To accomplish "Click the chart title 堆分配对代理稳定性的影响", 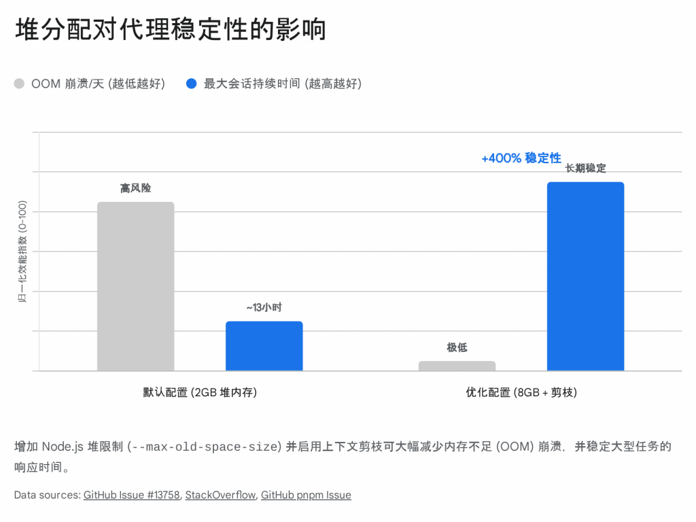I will click(x=170, y=30).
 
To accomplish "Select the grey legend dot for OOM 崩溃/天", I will click(x=19, y=84).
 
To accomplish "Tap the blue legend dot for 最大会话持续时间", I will click(x=192, y=84).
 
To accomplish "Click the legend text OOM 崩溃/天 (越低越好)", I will click(x=98, y=84).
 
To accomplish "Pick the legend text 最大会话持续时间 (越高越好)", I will click(x=282, y=84).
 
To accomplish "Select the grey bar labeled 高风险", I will click(x=136, y=286).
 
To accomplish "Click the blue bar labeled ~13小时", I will click(x=264, y=346).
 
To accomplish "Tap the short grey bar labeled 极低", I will click(x=457, y=366).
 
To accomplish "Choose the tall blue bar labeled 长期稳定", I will click(x=585, y=276).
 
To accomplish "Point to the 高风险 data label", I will click(x=136, y=188).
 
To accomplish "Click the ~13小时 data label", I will click(x=264, y=308).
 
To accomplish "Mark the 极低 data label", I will click(x=457, y=348).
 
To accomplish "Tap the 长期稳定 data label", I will click(x=585, y=169).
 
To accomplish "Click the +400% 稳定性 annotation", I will click(x=521, y=158).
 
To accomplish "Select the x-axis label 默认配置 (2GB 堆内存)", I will click(x=200, y=392).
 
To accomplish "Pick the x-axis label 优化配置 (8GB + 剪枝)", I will click(x=521, y=392).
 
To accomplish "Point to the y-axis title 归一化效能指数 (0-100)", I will click(x=22, y=251).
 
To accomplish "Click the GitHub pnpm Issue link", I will click(x=306, y=495).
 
